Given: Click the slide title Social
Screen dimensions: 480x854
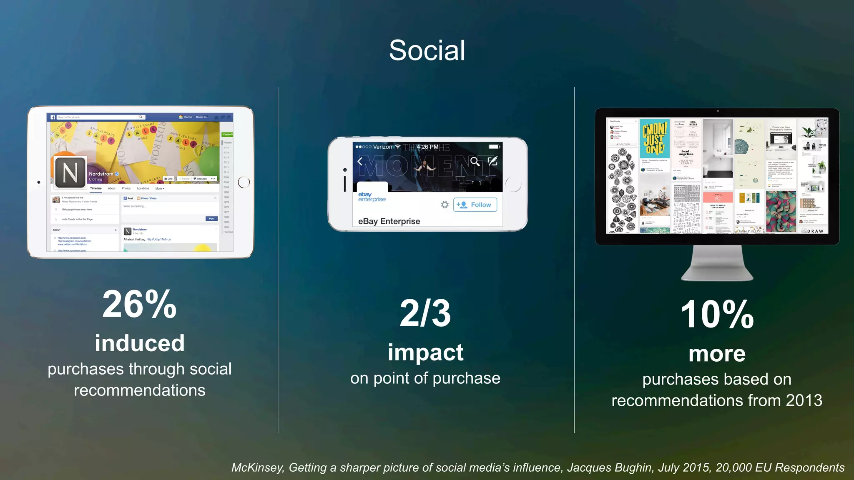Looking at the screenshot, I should (x=427, y=50).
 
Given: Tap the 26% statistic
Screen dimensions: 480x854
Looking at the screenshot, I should (x=140, y=305).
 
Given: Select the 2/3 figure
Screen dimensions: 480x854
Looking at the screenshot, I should (x=425, y=313).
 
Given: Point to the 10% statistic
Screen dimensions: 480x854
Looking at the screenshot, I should (x=717, y=315).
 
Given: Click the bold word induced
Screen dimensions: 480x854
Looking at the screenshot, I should (x=140, y=343).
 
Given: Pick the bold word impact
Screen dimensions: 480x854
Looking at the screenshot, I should (x=425, y=352).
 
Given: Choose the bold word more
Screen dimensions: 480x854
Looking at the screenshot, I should (x=717, y=354).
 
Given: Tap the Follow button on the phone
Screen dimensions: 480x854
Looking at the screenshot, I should (x=475, y=205).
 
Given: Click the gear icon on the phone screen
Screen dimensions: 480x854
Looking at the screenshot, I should (x=445, y=205).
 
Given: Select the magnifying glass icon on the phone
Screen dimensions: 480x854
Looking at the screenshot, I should (x=475, y=161).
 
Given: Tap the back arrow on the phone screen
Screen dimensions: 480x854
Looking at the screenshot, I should (x=360, y=161).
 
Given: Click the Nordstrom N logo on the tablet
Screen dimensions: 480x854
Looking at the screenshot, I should (x=70, y=172).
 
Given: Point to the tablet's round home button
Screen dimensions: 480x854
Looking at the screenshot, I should (x=244, y=182).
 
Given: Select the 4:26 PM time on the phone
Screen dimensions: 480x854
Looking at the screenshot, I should (x=427, y=147).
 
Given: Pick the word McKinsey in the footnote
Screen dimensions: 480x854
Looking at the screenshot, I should (x=258, y=467).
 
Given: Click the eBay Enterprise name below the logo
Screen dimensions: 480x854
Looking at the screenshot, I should (x=389, y=221).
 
